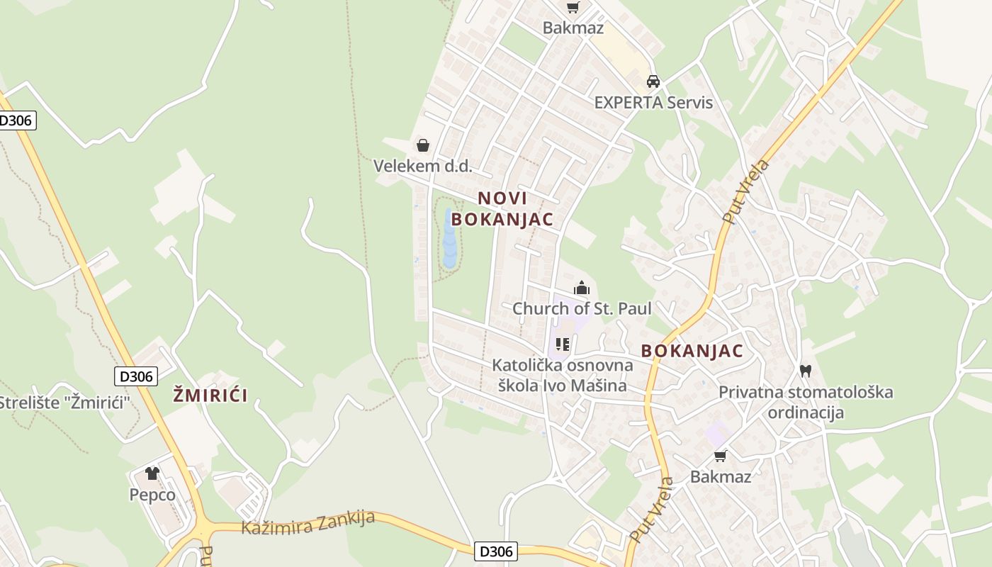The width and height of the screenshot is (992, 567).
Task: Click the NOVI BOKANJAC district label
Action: pyautogui.click(x=502, y=209)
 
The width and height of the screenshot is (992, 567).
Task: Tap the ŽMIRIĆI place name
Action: pyautogui.click(x=210, y=395)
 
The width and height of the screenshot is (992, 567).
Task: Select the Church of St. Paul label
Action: pyautogui.click(x=582, y=309)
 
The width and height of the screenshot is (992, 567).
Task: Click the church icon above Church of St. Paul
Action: pyautogui.click(x=582, y=288)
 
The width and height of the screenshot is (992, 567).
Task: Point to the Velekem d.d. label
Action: pyautogui.click(x=422, y=166)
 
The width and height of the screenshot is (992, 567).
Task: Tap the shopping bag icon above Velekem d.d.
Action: pyautogui.click(x=423, y=145)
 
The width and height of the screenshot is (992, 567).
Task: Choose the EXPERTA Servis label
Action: pyautogui.click(x=653, y=102)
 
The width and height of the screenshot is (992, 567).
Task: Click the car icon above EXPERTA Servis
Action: pyautogui.click(x=653, y=81)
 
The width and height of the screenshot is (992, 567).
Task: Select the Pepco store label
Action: pyautogui.click(x=152, y=495)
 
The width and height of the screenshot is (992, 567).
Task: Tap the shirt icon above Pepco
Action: pyautogui.click(x=152, y=473)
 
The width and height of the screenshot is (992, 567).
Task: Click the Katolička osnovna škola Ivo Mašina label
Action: pyautogui.click(x=563, y=376)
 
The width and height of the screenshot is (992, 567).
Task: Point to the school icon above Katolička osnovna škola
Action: pyautogui.click(x=563, y=345)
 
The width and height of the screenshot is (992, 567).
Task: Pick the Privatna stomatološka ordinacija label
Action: pyautogui.click(x=806, y=402)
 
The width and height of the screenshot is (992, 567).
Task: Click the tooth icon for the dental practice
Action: pyautogui.click(x=805, y=370)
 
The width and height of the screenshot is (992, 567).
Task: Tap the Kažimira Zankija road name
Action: pyautogui.click(x=308, y=522)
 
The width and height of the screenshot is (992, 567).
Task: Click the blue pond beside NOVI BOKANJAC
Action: pyautogui.click(x=449, y=240)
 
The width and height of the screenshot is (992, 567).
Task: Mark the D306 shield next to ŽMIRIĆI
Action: pyautogui.click(x=136, y=376)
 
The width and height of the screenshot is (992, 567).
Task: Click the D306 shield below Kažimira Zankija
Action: pyautogui.click(x=496, y=551)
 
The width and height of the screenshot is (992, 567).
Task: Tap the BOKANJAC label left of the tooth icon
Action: pyautogui.click(x=692, y=351)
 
